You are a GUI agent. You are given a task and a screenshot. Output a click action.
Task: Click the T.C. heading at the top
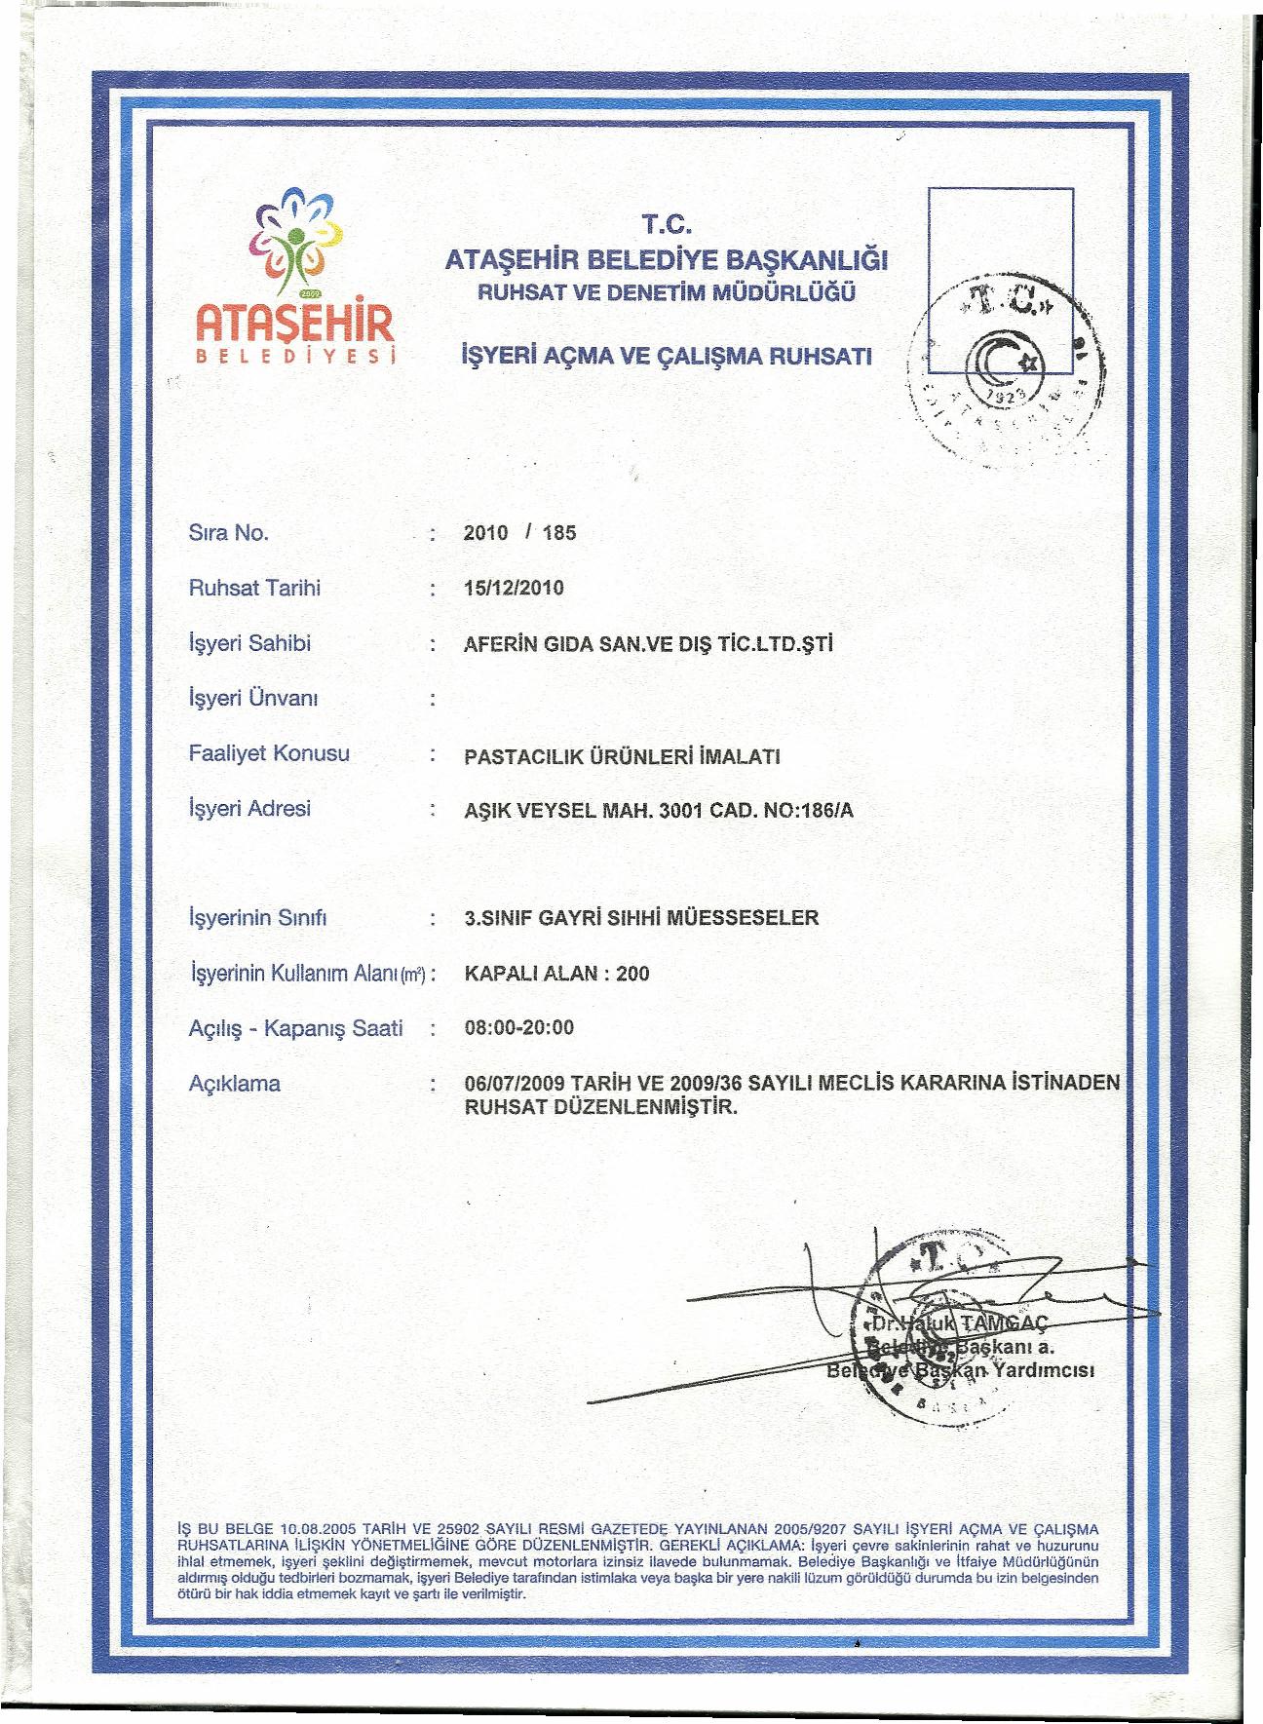(668, 229)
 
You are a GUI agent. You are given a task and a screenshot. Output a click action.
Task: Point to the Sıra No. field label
(228, 532)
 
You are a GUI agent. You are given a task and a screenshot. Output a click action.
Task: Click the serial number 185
(560, 533)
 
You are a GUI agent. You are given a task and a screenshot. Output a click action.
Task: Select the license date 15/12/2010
(515, 588)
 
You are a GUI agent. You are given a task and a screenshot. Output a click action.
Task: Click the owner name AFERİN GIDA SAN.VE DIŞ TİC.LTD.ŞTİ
(650, 644)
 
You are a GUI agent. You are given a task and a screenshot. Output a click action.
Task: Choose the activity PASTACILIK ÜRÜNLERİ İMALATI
(623, 756)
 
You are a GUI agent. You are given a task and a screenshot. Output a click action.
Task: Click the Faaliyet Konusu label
(269, 753)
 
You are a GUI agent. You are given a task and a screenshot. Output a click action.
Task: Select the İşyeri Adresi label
(249, 809)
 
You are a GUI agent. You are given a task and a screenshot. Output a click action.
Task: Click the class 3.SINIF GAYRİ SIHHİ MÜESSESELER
(642, 918)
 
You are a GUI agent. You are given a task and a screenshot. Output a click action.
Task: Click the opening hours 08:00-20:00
(520, 1028)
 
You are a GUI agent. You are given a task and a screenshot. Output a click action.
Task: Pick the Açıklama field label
(234, 1083)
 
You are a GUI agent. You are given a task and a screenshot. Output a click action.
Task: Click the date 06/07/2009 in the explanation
(516, 1084)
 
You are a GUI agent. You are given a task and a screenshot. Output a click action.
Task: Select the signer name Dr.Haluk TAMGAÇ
(957, 1323)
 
